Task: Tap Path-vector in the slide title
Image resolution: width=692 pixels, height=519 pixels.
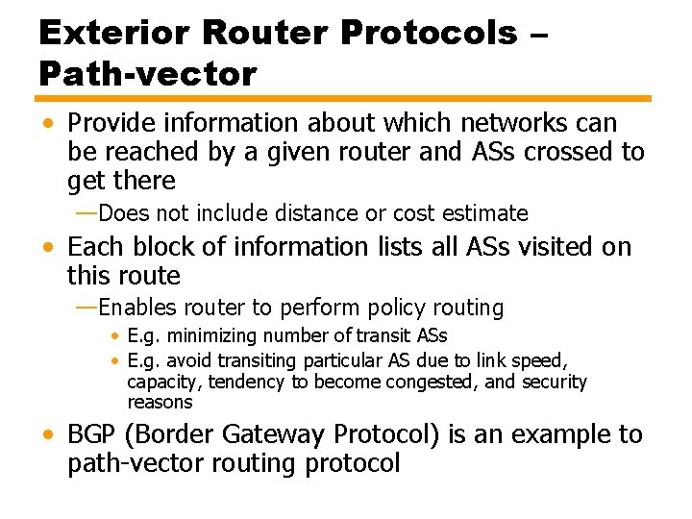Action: [148, 74]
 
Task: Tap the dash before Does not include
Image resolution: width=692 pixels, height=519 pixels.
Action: [86, 212]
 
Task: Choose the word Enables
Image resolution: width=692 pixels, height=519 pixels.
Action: [137, 309]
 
